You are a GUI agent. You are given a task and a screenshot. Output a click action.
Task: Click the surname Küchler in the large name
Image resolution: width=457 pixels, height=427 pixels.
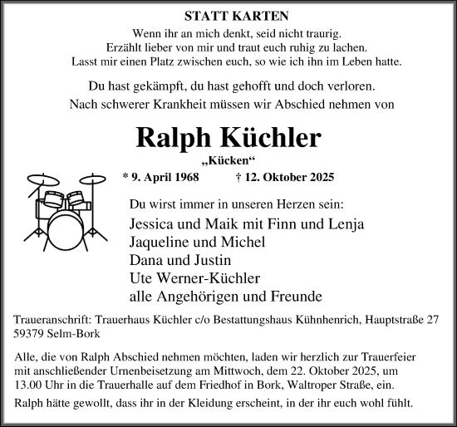(x=271, y=137)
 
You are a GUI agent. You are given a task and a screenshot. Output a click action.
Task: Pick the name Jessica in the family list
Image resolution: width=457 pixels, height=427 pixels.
(x=155, y=223)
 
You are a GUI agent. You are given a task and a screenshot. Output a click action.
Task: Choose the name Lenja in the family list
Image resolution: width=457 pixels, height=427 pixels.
(x=346, y=223)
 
